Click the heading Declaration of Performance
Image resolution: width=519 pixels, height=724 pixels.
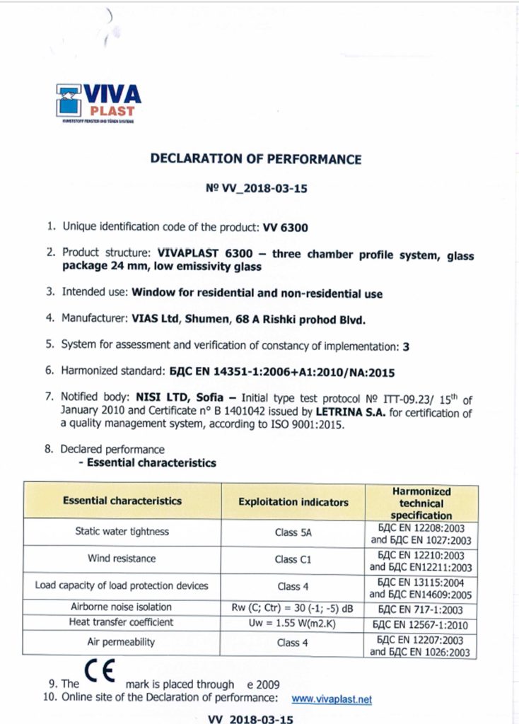coord(255,159)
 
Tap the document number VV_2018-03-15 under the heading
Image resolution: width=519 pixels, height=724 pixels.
coord(256,189)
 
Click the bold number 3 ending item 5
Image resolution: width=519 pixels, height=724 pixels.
coord(405,346)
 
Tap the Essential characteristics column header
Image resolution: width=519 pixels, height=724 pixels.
coord(122,501)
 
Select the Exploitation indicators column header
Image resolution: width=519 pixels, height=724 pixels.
coord(293,502)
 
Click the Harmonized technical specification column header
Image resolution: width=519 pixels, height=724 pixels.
coord(421,503)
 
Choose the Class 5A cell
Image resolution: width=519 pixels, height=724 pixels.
coord(293,532)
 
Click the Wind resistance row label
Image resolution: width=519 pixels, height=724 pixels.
coord(122,559)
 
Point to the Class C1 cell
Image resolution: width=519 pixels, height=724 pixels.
coord(293,559)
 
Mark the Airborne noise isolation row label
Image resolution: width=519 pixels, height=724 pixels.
coord(122,607)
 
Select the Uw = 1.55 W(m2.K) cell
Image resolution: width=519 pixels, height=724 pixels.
coord(293,623)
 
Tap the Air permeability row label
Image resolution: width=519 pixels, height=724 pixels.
coord(122,642)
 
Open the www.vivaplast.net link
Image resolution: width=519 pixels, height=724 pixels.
coord(332,699)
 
